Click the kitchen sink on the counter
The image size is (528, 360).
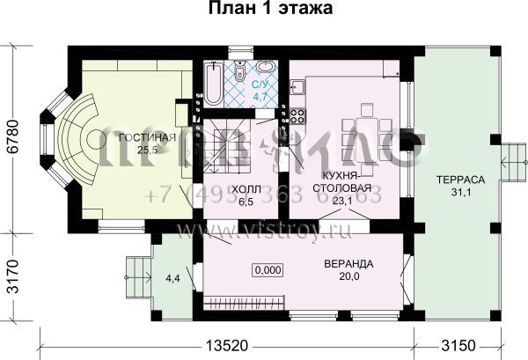(x=298, y=85)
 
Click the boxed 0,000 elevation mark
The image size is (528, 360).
(x=268, y=271)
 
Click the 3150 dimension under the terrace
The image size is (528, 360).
(x=457, y=343)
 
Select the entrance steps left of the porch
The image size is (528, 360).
(x=136, y=278)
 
